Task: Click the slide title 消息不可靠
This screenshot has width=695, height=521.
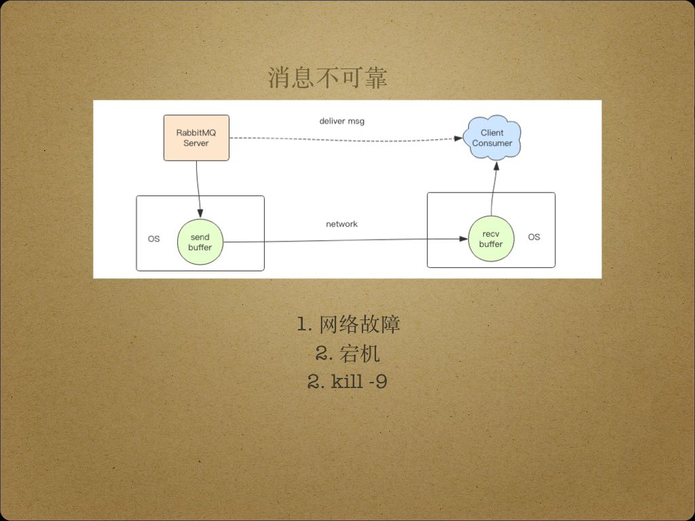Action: coord(327,78)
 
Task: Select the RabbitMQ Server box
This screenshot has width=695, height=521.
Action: coord(196,138)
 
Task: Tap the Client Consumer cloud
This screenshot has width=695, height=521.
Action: coord(492,138)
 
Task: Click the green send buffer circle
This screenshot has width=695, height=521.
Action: coord(200,242)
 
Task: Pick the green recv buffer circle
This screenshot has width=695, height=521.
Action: coord(491,239)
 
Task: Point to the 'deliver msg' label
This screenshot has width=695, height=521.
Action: coord(342,121)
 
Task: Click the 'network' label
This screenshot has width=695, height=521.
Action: coord(341,224)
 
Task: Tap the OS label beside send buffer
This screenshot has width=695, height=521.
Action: coord(154,239)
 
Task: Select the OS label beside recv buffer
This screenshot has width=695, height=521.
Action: coord(534,237)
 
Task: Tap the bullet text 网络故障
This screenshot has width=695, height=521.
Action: coord(359,324)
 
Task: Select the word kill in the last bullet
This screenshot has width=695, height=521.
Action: coord(347,382)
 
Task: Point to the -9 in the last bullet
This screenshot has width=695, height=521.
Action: coord(378,382)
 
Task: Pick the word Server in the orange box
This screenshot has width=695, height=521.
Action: coord(196,144)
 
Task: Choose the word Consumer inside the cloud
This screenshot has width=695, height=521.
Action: coord(492,144)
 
